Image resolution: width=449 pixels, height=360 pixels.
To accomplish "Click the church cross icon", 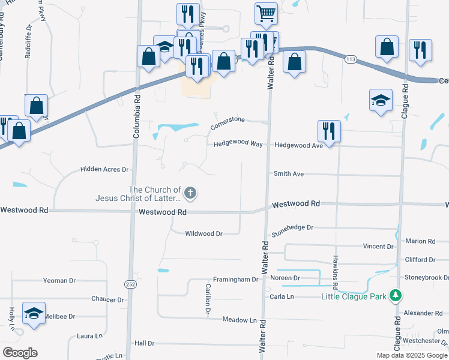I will pos(190,193).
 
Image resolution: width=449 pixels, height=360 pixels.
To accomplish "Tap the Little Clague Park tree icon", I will pos(395,295).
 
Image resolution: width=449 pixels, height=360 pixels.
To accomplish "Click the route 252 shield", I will pos(130,284).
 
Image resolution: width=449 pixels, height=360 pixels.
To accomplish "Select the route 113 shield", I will pos(351,59).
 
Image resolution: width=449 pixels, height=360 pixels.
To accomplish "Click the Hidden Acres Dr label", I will pos(104,170).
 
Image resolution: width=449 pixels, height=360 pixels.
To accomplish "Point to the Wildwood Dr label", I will pos(203,233).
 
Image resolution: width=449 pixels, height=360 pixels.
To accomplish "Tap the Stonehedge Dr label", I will pos(292,228).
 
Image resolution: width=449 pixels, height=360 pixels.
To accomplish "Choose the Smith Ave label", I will pos(289,173).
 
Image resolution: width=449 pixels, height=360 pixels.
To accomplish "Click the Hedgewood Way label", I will pos(238,145).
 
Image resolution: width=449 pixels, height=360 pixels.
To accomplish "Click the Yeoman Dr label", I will pos(59,280).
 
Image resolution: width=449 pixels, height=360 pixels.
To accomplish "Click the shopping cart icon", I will pos(265,12).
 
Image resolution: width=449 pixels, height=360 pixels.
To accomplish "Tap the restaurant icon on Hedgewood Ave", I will pos(328,130).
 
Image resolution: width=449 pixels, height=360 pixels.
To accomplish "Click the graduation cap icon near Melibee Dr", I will pos(34,313).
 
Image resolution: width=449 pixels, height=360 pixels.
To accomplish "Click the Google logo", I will pos(20,353).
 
